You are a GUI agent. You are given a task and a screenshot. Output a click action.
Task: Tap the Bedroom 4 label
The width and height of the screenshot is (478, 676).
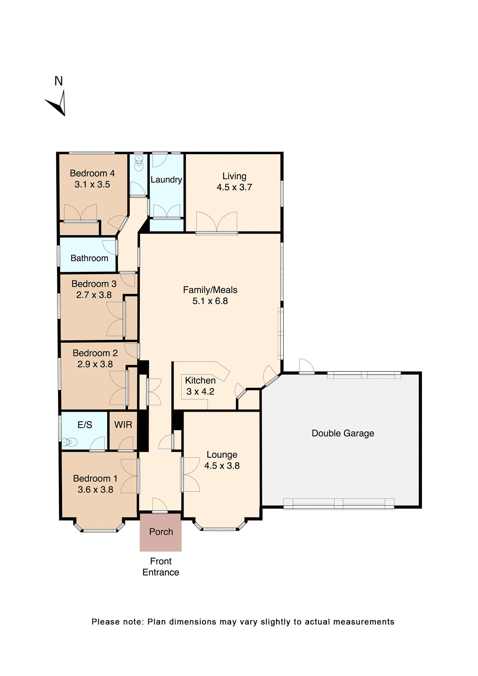tap(92, 173)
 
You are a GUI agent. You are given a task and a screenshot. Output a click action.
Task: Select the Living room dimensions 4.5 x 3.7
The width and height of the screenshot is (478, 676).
tap(234, 187)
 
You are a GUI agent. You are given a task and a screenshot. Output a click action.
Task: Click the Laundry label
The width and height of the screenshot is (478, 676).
tap(166, 180)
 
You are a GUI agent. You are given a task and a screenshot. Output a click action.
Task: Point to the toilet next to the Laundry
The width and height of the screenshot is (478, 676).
tap(139, 163)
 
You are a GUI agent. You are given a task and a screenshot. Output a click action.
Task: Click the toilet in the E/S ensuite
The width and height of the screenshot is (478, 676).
tap(69, 442)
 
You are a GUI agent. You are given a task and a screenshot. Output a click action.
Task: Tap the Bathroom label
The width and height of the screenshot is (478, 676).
tap(89, 258)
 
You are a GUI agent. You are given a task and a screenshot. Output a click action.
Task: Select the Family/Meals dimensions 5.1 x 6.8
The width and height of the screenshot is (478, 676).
tap(210, 301)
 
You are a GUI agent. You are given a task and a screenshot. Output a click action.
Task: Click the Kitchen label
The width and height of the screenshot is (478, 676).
tap(200, 380)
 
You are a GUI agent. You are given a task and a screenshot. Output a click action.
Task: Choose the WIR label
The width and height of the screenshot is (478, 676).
tap(123, 425)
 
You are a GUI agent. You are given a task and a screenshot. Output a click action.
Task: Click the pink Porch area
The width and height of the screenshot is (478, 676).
tap(161, 532)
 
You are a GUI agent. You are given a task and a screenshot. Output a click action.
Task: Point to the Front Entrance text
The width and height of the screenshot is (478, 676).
tap(161, 567)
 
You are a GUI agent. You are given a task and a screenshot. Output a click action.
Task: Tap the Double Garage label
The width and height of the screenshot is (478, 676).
tap(342, 433)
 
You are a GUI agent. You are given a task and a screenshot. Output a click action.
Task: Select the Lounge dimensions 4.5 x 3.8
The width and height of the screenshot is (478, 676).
tap(222, 465)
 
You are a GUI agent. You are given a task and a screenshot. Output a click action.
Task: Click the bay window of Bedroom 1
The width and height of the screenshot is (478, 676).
tap(100, 530)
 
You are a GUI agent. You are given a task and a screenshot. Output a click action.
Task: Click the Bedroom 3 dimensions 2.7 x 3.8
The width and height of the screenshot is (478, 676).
tap(94, 295)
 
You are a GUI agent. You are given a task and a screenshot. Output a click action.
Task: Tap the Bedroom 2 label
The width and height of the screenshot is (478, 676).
tap(95, 353)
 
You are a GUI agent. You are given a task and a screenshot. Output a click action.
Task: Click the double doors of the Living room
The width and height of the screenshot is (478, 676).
tap(216, 223)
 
